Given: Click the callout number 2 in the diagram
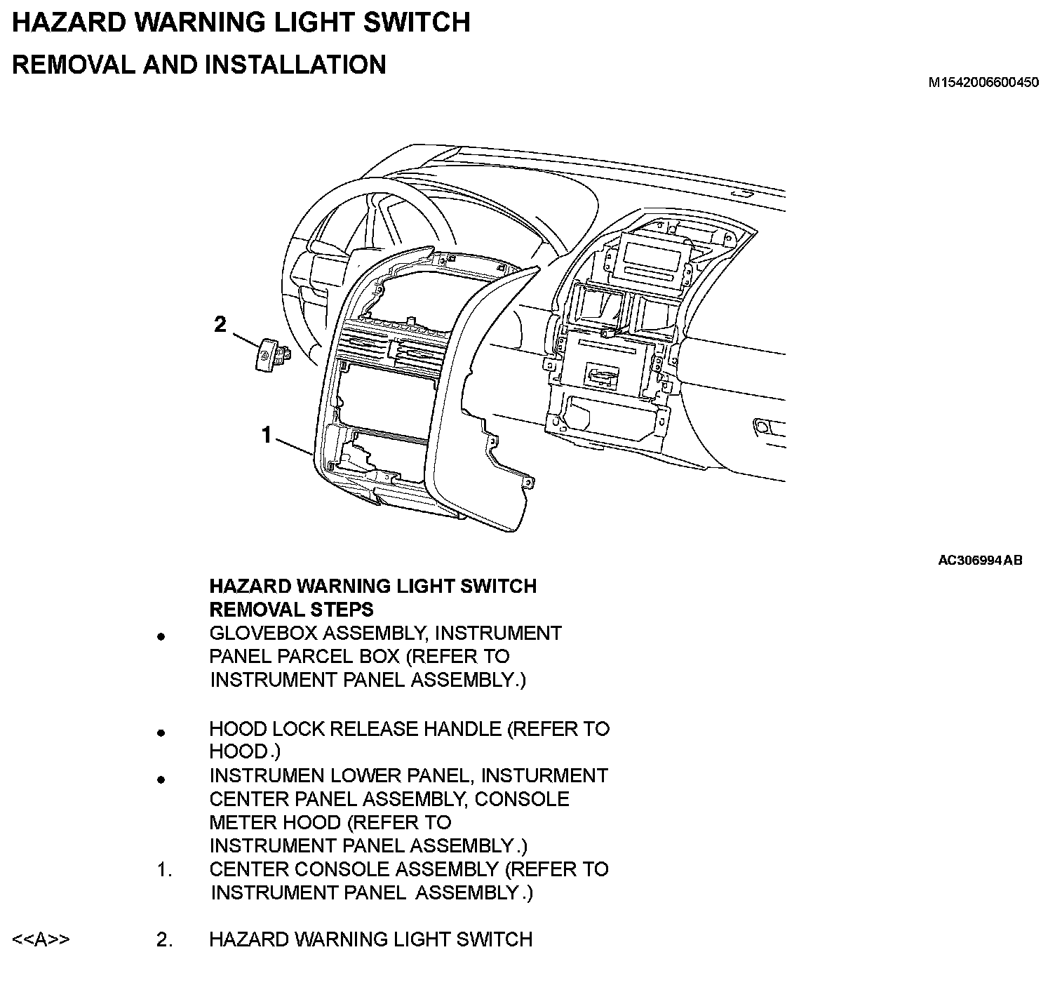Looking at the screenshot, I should (x=220, y=325).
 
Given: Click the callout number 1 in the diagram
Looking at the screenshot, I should (x=267, y=436).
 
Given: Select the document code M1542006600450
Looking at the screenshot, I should (x=983, y=83).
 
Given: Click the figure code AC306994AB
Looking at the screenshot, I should (x=980, y=561).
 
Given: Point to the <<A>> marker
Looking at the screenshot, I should (x=41, y=939).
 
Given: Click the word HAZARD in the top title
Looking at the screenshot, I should (x=68, y=22).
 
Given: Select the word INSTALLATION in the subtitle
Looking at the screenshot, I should (x=295, y=65).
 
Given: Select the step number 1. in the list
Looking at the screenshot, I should (x=164, y=870).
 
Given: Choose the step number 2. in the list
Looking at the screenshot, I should (x=164, y=939).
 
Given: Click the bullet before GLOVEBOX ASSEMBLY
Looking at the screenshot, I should (x=161, y=637).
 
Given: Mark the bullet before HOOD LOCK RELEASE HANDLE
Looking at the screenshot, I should (x=161, y=732).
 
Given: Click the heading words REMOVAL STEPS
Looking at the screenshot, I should (x=291, y=609).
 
